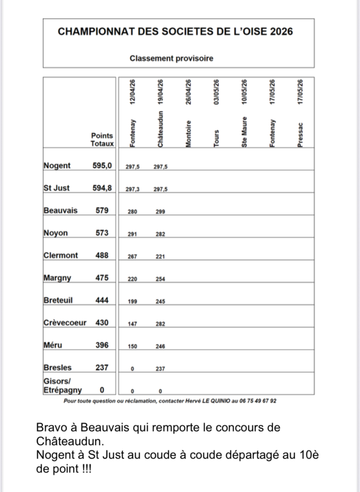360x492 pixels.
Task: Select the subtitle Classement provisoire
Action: click(171, 58)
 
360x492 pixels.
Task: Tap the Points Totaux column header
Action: click(102, 140)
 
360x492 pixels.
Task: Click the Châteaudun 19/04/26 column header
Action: click(160, 113)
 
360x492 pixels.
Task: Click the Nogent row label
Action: click(57, 166)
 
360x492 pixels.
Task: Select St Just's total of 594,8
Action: click(103, 188)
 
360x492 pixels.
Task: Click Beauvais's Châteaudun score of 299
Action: click(160, 212)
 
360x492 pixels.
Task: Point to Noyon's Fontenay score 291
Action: click(132, 234)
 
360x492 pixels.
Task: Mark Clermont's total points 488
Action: click(102, 256)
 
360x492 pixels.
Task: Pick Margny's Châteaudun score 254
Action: click(160, 279)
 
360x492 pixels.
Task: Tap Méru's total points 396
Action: click(102, 345)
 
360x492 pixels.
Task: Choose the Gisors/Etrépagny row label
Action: click(63, 385)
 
